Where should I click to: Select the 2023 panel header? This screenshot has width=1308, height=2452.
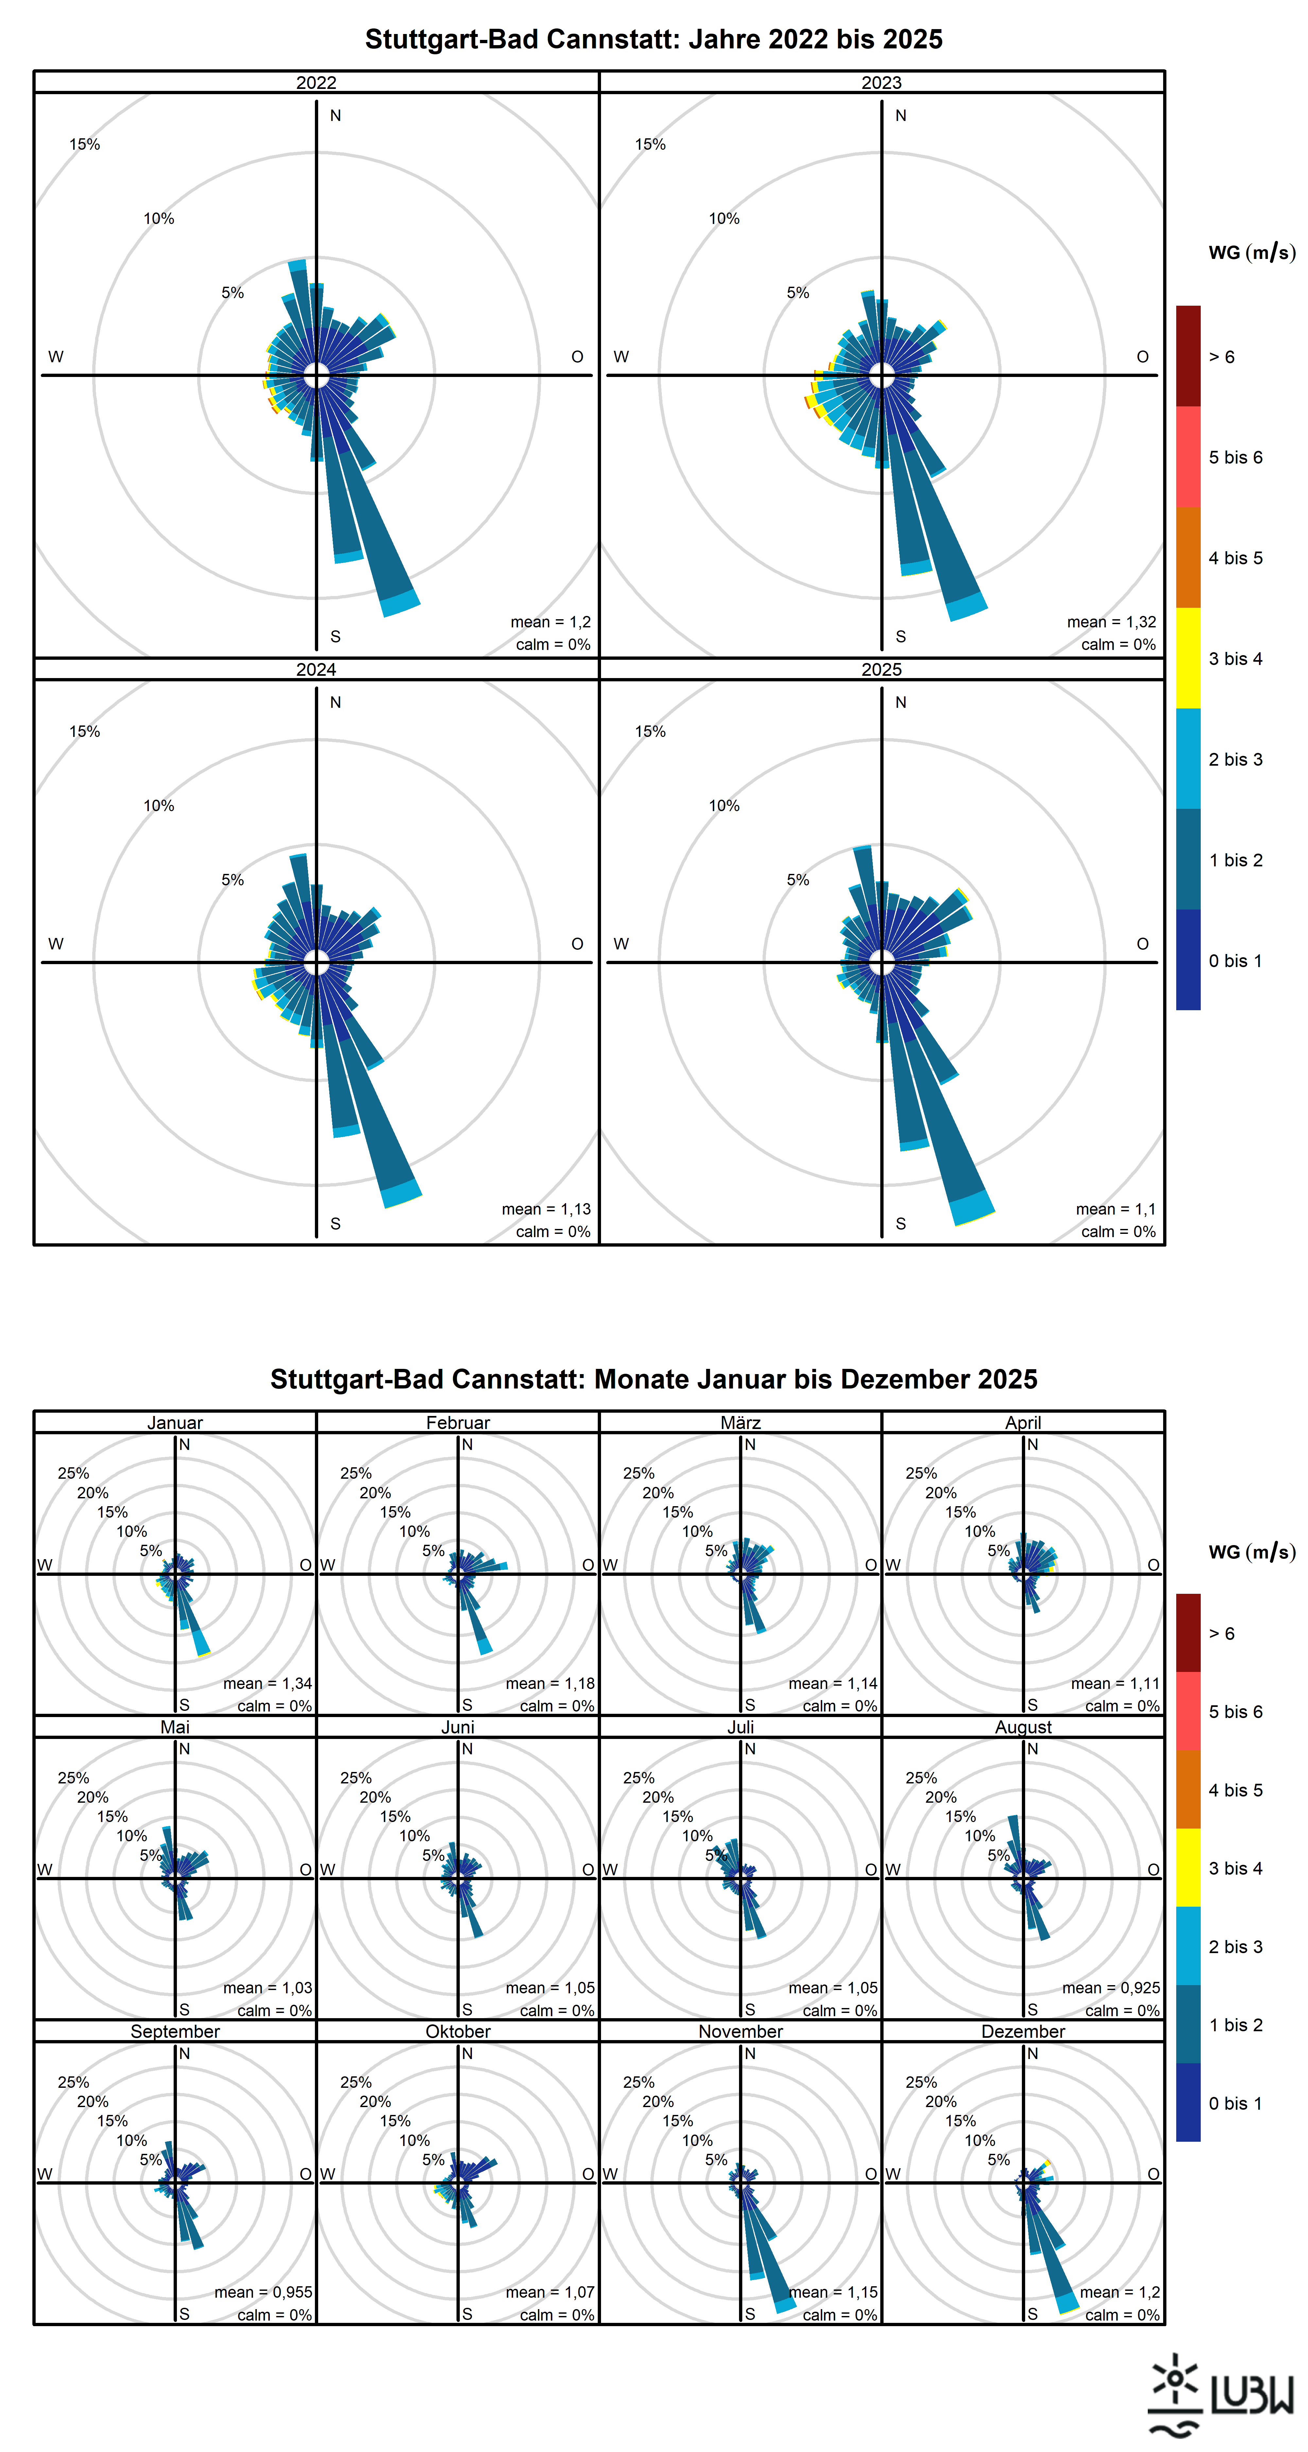coord(882,83)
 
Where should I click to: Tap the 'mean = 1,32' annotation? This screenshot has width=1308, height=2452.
coord(1111,622)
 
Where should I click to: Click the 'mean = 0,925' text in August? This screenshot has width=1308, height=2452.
coord(1111,1987)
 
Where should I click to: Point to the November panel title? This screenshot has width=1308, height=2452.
coord(741,2031)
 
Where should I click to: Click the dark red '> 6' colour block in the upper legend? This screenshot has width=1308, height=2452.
coord(1188,356)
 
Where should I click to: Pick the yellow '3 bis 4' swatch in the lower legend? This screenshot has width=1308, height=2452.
coord(1188,1867)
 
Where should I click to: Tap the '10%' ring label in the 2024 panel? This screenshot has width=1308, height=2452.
coord(159,805)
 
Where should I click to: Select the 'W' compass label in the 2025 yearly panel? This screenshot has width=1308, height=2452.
coord(621,943)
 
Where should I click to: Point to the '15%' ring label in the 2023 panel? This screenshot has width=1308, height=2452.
coord(650,144)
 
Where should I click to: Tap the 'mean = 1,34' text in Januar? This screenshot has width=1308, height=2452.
coord(267,1683)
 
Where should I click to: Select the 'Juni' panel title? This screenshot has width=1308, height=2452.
coord(458,1727)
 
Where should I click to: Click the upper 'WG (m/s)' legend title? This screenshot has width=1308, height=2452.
coord(1252,252)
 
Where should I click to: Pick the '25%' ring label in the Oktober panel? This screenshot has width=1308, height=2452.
coord(356,2082)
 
